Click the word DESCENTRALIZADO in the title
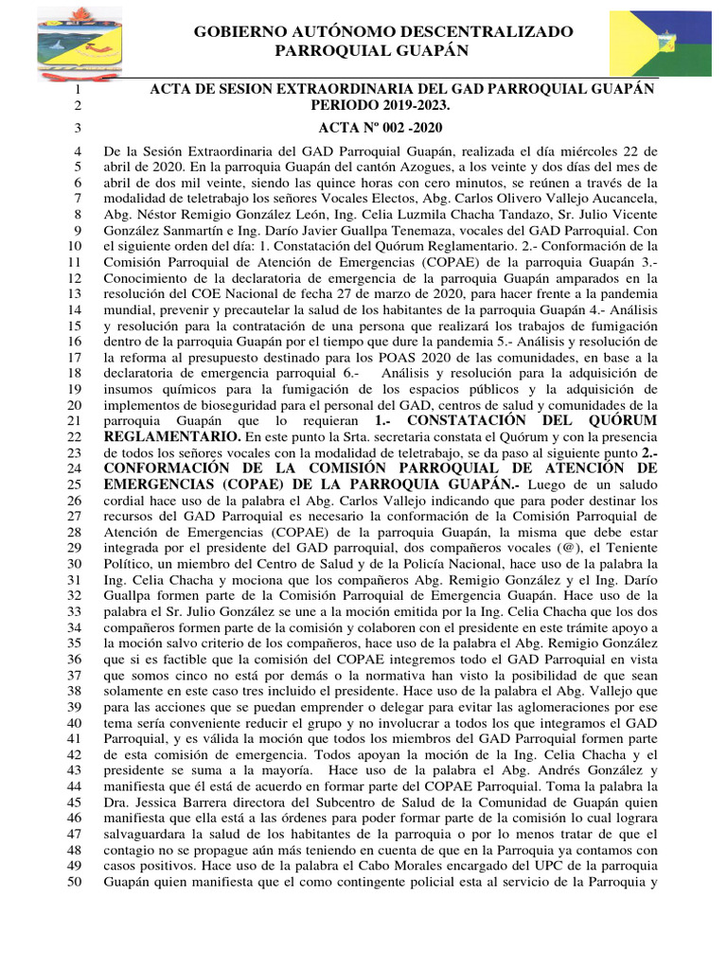(486, 32)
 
